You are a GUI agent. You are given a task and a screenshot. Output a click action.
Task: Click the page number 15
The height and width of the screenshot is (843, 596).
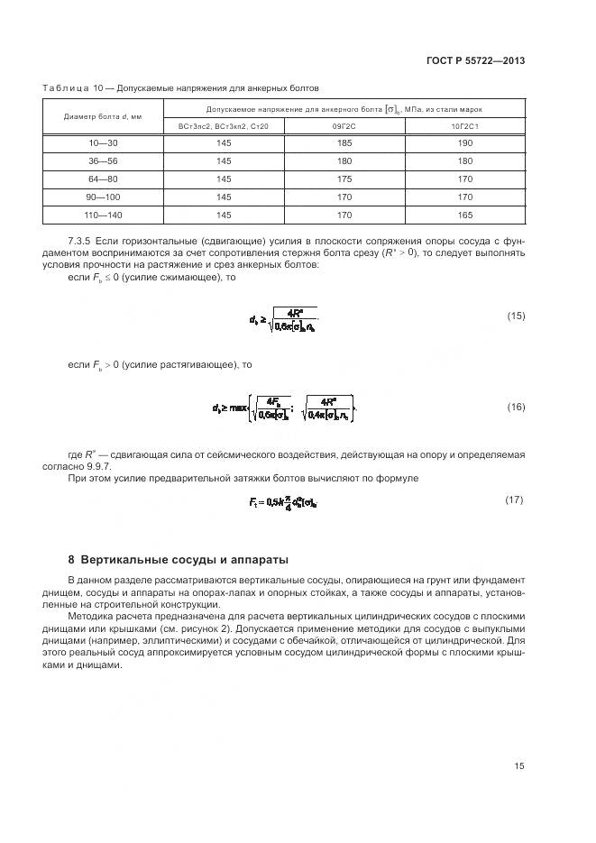(x=518, y=766)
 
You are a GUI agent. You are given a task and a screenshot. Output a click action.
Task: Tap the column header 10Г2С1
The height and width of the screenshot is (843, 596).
(x=465, y=127)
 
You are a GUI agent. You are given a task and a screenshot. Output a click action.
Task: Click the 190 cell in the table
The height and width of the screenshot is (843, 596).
(x=465, y=144)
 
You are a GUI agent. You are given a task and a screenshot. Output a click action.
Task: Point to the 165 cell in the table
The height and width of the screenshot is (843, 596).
(x=465, y=215)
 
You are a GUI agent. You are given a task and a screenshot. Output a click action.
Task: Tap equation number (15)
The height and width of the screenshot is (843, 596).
(x=516, y=316)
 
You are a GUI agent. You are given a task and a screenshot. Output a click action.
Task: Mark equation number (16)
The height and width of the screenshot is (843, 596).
(x=516, y=408)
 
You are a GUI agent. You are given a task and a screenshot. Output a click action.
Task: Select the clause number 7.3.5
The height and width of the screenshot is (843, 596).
(x=79, y=242)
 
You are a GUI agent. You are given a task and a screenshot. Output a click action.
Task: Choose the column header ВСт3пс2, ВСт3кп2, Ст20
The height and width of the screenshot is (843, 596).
(x=224, y=127)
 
